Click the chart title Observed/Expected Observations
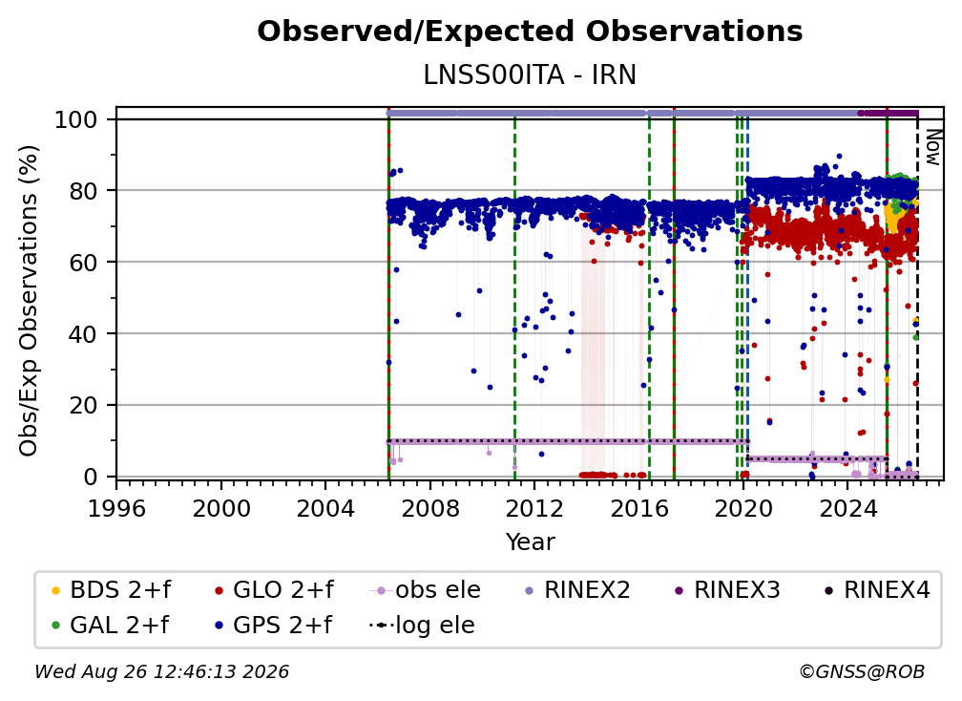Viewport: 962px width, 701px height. tap(530, 32)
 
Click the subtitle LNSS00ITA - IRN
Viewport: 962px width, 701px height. tap(530, 75)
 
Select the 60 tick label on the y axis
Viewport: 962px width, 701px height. tap(83, 262)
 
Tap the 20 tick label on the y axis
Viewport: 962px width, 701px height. tap(83, 405)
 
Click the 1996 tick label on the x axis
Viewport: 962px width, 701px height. tap(116, 509)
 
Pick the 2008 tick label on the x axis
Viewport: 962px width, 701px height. tap(430, 509)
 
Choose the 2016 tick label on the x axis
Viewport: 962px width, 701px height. tap(638, 509)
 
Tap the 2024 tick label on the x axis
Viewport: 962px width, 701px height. tap(847, 509)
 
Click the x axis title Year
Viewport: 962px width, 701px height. tap(530, 542)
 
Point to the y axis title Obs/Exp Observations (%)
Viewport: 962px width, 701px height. tap(29, 301)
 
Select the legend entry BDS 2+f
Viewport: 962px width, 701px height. tap(111, 590)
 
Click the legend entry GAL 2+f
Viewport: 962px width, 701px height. tap(111, 626)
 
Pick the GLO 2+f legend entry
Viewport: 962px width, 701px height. tap(274, 590)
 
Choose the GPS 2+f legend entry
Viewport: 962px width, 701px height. tap(273, 626)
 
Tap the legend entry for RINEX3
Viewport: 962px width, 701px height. tap(727, 590)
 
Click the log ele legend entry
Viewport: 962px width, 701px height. tap(422, 626)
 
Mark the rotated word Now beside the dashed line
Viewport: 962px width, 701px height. tap(931, 147)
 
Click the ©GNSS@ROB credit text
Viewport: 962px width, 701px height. tap(862, 671)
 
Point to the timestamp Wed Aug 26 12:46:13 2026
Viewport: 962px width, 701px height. tap(162, 671)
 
